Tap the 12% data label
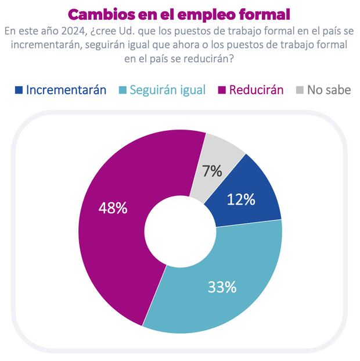click(241, 199)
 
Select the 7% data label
click(213, 171)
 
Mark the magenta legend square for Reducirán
click(221, 90)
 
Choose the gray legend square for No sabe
click(299, 90)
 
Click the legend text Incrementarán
click(66, 90)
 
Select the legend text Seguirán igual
click(167, 90)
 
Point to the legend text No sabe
click(329, 90)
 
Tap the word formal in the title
click(261, 13)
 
